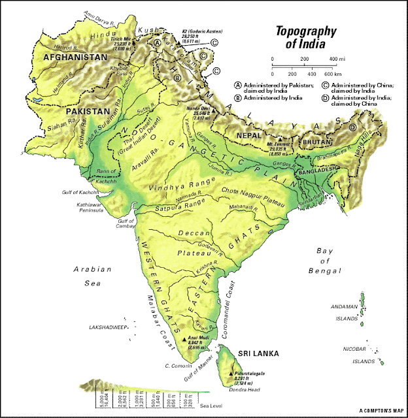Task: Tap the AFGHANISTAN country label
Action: [x=75, y=57]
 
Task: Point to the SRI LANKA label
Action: [x=258, y=354]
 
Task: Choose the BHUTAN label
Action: [x=311, y=140]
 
